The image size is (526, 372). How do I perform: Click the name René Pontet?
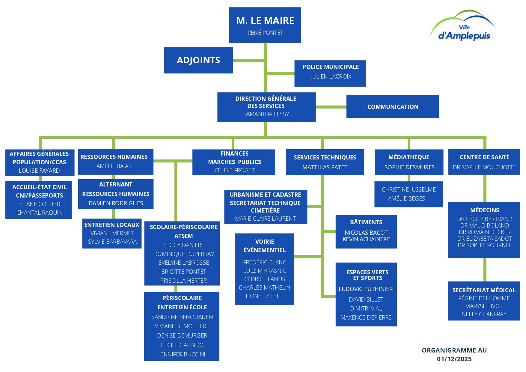click(x=265, y=33)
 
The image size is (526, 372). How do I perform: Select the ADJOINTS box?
click(x=198, y=60)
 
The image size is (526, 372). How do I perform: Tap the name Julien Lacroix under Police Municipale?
click(x=331, y=76)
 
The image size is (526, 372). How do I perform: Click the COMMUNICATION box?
click(x=393, y=107)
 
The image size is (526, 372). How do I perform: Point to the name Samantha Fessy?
click(x=266, y=114)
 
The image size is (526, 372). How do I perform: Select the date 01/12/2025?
click(x=454, y=359)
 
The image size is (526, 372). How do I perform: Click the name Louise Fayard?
click(x=39, y=171)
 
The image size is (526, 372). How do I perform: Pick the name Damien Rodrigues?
click(x=116, y=203)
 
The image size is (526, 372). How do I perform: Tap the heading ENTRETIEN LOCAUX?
click(x=112, y=225)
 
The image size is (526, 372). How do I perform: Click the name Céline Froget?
click(x=234, y=170)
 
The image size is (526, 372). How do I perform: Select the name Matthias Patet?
click(x=325, y=167)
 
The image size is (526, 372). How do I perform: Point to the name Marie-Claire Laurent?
click(x=265, y=219)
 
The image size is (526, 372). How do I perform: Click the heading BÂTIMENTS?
click(x=366, y=222)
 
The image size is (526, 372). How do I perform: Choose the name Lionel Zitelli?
click(x=265, y=296)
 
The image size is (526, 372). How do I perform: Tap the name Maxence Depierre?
click(x=366, y=317)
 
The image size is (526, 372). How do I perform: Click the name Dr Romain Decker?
click(x=485, y=232)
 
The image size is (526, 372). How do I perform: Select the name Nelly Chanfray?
click(x=484, y=314)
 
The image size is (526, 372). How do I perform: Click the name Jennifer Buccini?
click(x=182, y=354)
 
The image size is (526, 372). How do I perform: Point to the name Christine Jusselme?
click(x=409, y=189)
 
